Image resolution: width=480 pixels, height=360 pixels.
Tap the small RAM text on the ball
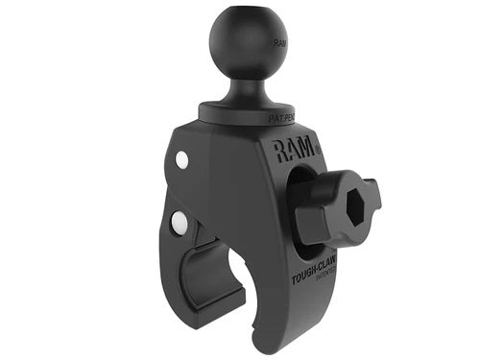point(279,43)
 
